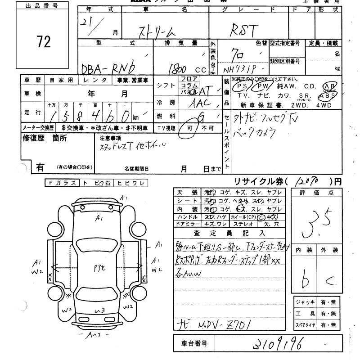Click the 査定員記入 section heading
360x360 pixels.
tap(229, 233)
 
